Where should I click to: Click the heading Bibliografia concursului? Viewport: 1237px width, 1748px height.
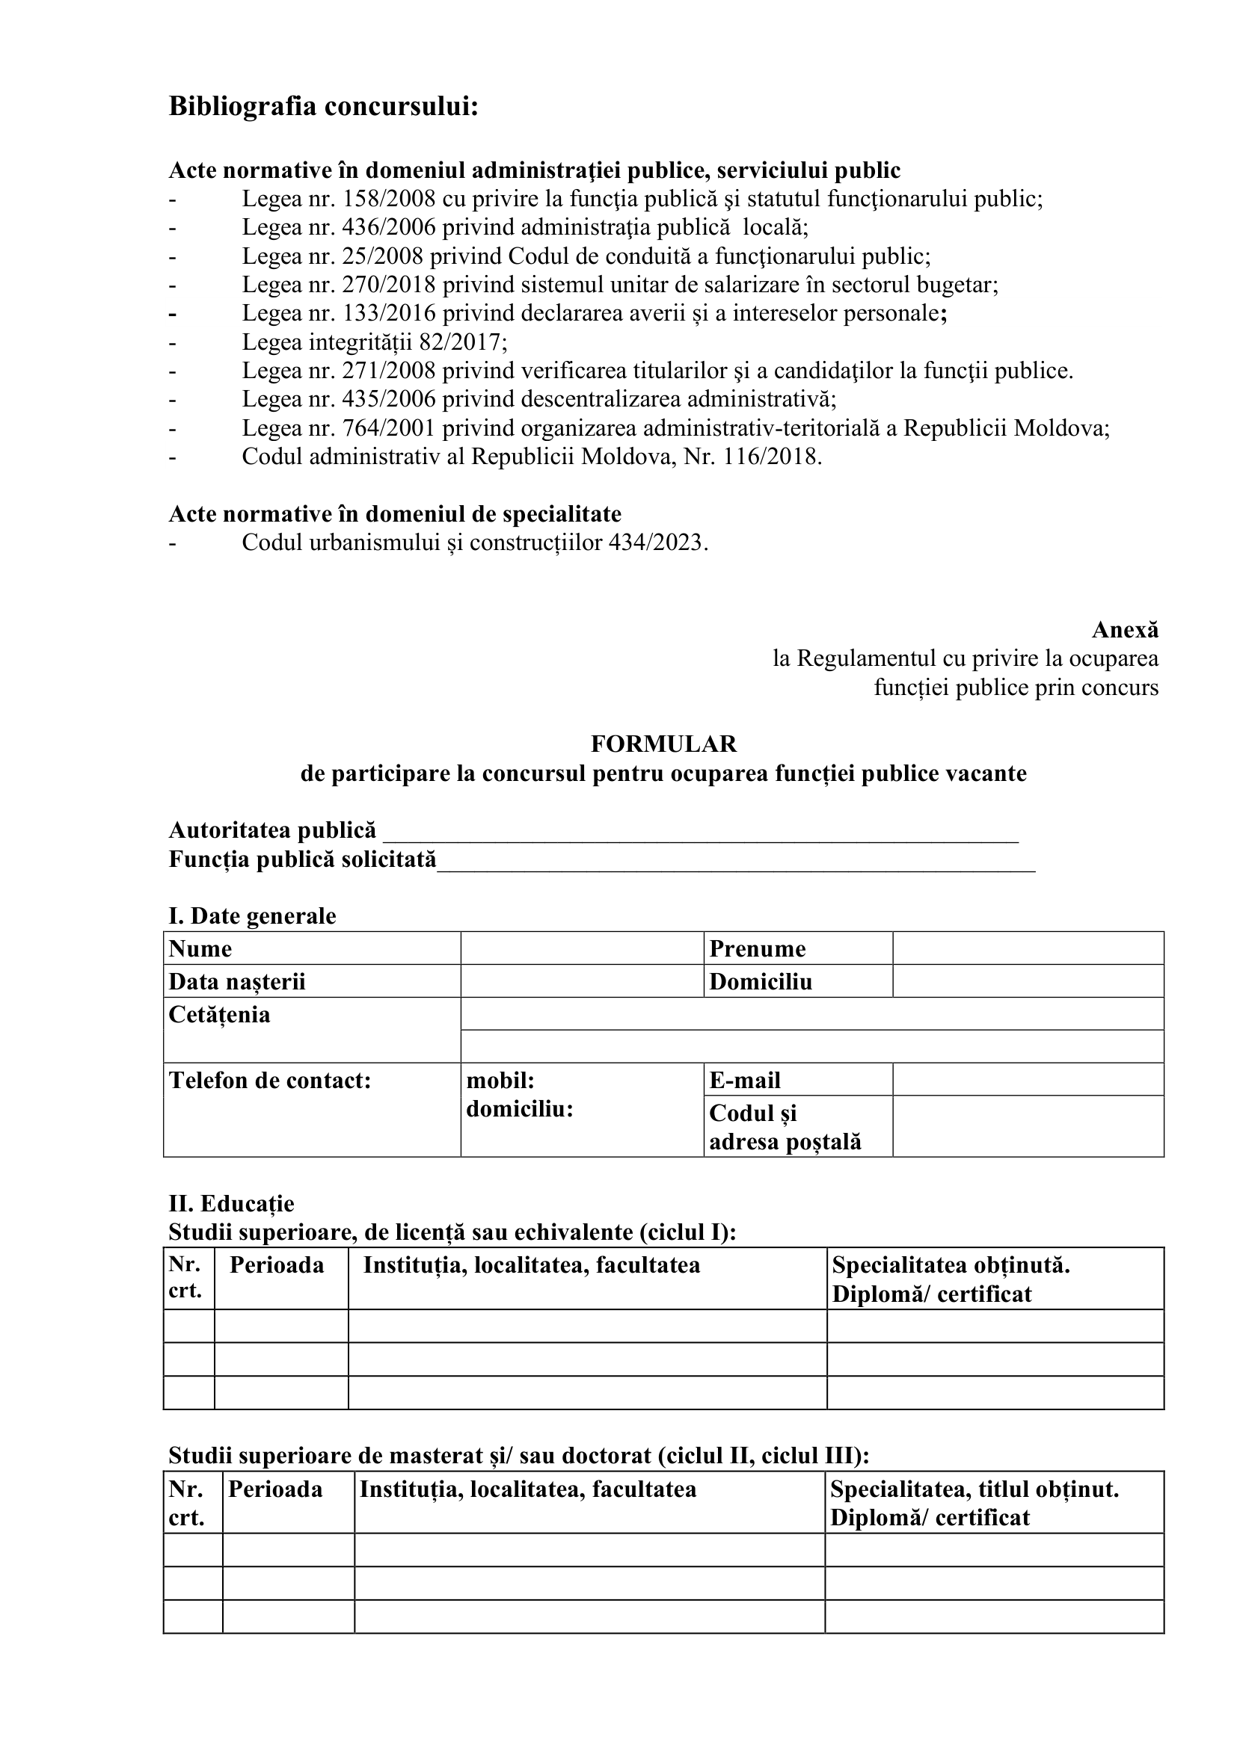323,106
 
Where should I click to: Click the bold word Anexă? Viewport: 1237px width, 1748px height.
1124,631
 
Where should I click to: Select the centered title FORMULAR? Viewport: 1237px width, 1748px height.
663,743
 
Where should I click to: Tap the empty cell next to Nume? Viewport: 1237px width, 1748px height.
582,948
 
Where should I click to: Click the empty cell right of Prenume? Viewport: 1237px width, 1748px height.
1028,948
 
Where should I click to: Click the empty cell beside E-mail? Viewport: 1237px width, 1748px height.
1028,1080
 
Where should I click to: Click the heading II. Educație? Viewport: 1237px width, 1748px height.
231,1204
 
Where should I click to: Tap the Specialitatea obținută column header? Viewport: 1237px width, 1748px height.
951,1265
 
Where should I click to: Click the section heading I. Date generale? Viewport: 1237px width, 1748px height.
252,915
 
